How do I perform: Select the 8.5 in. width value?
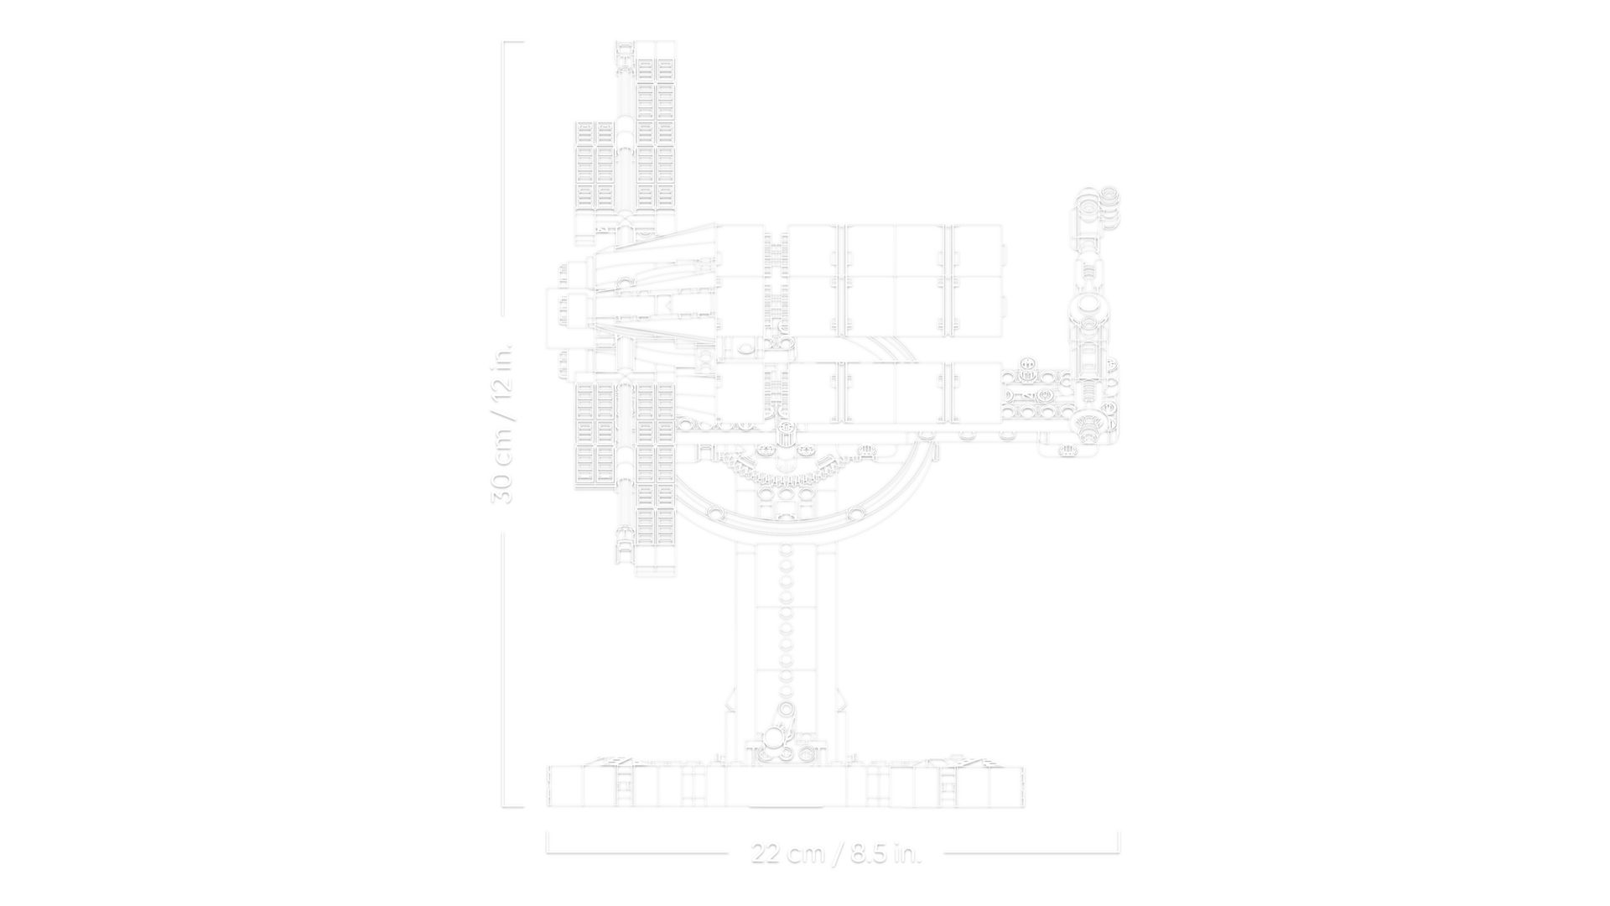click(x=885, y=854)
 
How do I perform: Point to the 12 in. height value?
click(x=501, y=378)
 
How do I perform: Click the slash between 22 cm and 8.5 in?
click(x=836, y=854)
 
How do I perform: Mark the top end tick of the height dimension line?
click(x=513, y=42)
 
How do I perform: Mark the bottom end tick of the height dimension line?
click(x=513, y=808)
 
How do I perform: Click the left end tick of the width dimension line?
click(x=548, y=842)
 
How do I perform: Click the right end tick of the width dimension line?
click(x=1119, y=842)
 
